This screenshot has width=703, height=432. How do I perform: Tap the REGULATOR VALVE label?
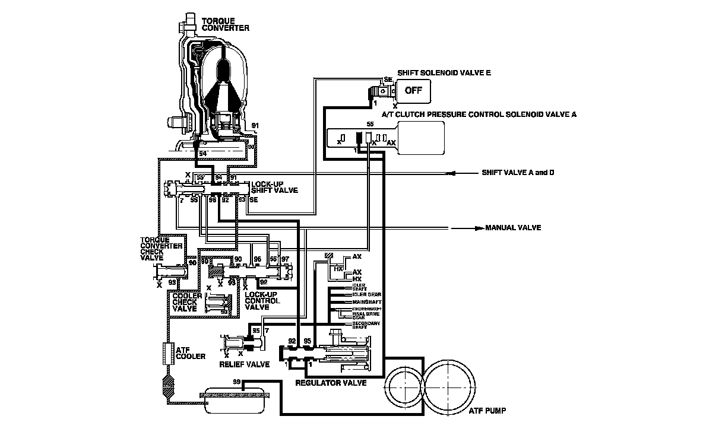point(331,383)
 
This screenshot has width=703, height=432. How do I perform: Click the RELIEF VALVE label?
point(244,364)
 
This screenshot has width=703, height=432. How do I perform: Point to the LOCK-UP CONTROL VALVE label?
point(261,301)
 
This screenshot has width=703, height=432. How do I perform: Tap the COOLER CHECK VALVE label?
point(184,301)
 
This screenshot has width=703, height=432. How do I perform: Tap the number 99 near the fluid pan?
point(237,380)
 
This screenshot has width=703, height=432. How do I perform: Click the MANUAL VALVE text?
point(513,228)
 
